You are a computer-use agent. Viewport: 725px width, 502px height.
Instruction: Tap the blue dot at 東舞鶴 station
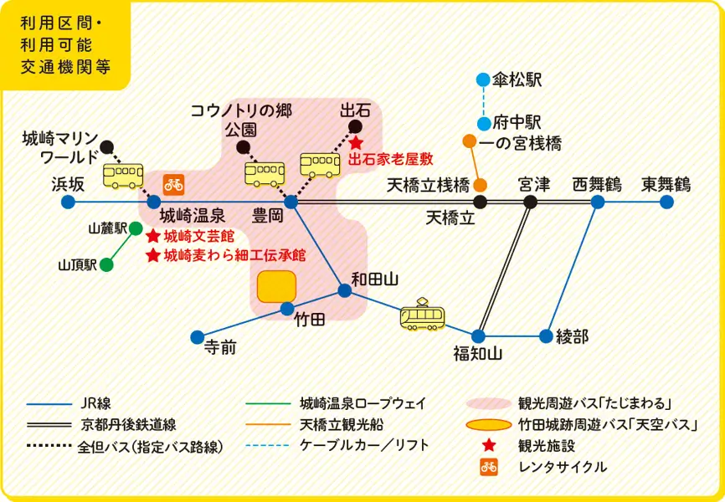666,202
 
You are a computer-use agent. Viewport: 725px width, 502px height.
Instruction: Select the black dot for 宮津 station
530,202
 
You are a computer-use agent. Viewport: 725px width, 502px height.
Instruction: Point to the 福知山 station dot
479,336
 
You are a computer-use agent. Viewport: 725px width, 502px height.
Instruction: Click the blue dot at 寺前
197,337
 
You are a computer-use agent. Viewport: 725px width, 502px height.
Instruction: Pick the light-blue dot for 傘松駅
483,80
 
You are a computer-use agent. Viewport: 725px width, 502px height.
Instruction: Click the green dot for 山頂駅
106,265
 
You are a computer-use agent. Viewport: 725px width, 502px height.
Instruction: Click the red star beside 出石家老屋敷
356,143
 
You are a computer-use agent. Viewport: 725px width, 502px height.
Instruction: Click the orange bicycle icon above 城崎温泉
173,182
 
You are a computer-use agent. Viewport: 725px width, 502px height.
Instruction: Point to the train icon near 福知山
422,315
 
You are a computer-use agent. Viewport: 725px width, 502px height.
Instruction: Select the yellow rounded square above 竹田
275,287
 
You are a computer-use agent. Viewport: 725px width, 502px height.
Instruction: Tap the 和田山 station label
374,279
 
